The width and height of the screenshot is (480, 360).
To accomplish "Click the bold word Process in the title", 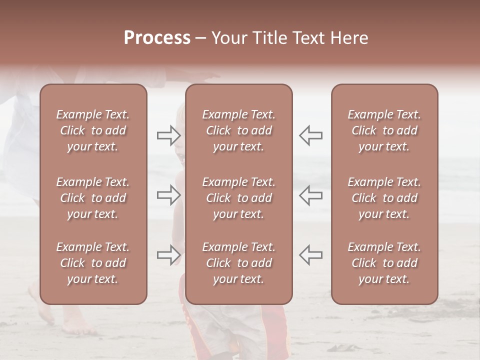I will [x=157, y=38].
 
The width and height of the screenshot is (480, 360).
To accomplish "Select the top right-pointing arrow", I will [x=168, y=135].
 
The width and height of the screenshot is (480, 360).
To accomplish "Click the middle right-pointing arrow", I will [x=168, y=195].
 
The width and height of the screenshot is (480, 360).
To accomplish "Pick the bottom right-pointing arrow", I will [x=168, y=255].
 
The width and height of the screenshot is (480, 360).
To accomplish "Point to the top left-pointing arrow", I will [x=310, y=135].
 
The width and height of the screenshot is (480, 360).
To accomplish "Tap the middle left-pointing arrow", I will [x=310, y=195].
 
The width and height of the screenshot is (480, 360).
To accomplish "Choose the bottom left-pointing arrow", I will [x=310, y=255].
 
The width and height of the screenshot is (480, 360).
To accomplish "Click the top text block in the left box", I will [x=93, y=130].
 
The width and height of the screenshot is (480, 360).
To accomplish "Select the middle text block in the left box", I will [x=93, y=198].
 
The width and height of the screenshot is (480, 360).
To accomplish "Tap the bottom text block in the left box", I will [x=93, y=263].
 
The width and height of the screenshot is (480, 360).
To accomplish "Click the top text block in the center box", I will [x=239, y=130].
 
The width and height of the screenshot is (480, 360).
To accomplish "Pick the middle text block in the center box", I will [x=239, y=198].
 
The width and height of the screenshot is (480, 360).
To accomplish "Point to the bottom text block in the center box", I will [x=239, y=263].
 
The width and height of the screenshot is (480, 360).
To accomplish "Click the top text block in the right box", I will [x=384, y=130].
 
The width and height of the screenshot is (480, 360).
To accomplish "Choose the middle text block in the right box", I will [x=384, y=198].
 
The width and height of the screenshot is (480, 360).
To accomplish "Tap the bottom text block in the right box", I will [x=384, y=263].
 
